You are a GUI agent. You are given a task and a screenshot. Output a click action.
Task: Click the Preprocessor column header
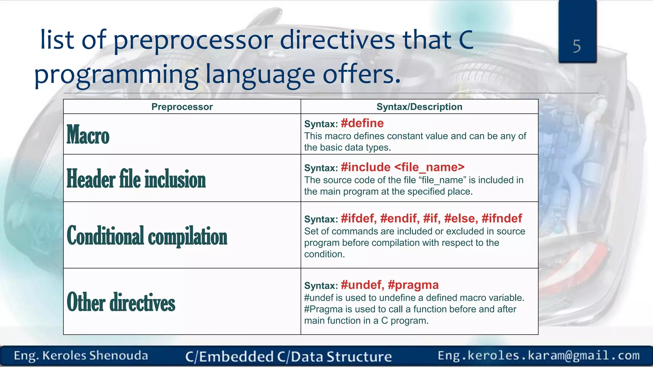point(182,107)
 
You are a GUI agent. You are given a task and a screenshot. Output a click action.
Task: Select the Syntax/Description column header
point(419,107)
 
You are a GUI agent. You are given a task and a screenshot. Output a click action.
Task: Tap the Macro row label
point(88,135)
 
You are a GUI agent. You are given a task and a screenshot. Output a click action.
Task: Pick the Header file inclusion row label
point(136,179)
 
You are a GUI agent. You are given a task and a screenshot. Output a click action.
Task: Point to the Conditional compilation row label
point(147,236)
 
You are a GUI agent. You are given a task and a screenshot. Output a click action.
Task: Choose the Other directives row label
point(121,302)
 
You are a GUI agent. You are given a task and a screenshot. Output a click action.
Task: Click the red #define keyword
point(362,123)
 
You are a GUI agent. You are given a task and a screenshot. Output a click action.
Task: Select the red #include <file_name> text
point(402,167)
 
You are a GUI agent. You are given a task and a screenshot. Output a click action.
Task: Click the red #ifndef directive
point(502,219)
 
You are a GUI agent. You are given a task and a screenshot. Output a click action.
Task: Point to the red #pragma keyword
point(413,285)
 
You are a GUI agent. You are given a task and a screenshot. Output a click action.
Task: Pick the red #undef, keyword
point(363,285)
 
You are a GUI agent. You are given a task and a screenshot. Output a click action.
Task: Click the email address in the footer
point(539,356)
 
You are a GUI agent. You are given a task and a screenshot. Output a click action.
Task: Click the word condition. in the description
point(324,254)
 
